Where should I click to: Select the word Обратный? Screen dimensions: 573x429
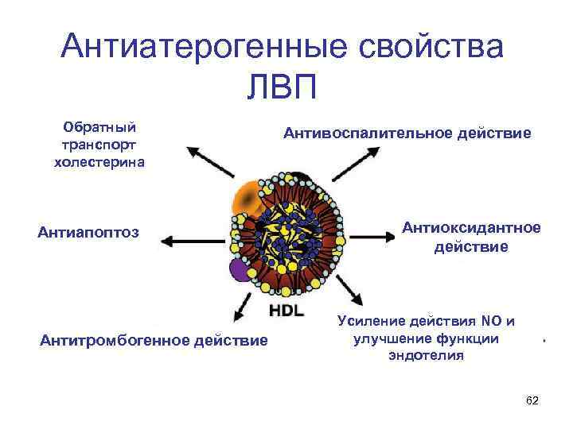[x=99, y=128]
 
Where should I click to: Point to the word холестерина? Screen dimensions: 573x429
[x=99, y=162]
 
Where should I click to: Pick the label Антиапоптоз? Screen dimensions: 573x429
[x=88, y=233]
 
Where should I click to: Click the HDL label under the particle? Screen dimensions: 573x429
[x=286, y=310]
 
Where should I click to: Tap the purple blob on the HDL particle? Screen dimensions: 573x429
[x=240, y=270]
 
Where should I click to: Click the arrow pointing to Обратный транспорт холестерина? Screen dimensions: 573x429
[x=208, y=164]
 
